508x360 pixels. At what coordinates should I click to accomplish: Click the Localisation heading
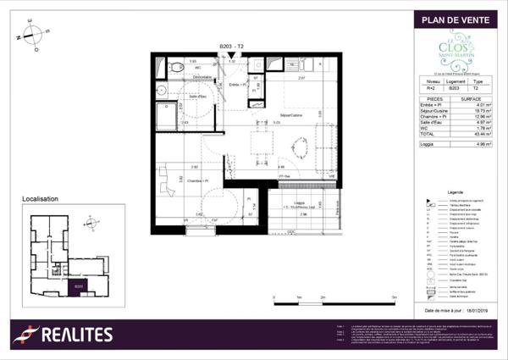(40, 199)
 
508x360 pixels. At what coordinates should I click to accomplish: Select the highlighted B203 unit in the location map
(79, 286)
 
